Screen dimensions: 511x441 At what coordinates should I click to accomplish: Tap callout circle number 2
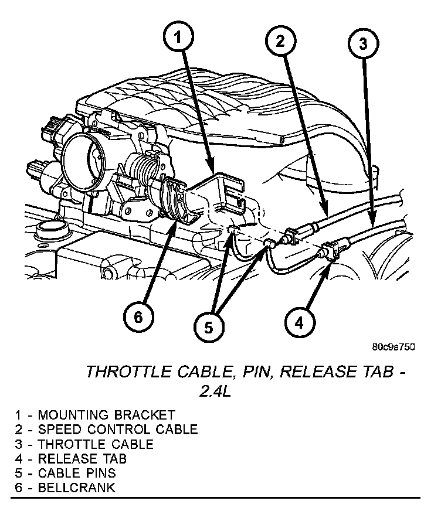pyautogui.click(x=280, y=41)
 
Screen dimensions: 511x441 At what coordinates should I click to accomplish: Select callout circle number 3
pyautogui.click(x=363, y=43)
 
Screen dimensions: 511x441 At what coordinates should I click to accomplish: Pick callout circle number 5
pyautogui.click(x=208, y=326)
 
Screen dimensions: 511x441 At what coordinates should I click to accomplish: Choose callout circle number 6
pyautogui.click(x=138, y=317)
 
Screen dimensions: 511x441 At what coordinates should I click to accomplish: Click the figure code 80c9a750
pyautogui.click(x=393, y=346)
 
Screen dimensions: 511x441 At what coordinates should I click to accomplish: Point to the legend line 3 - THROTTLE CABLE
pyautogui.click(x=84, y=444)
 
